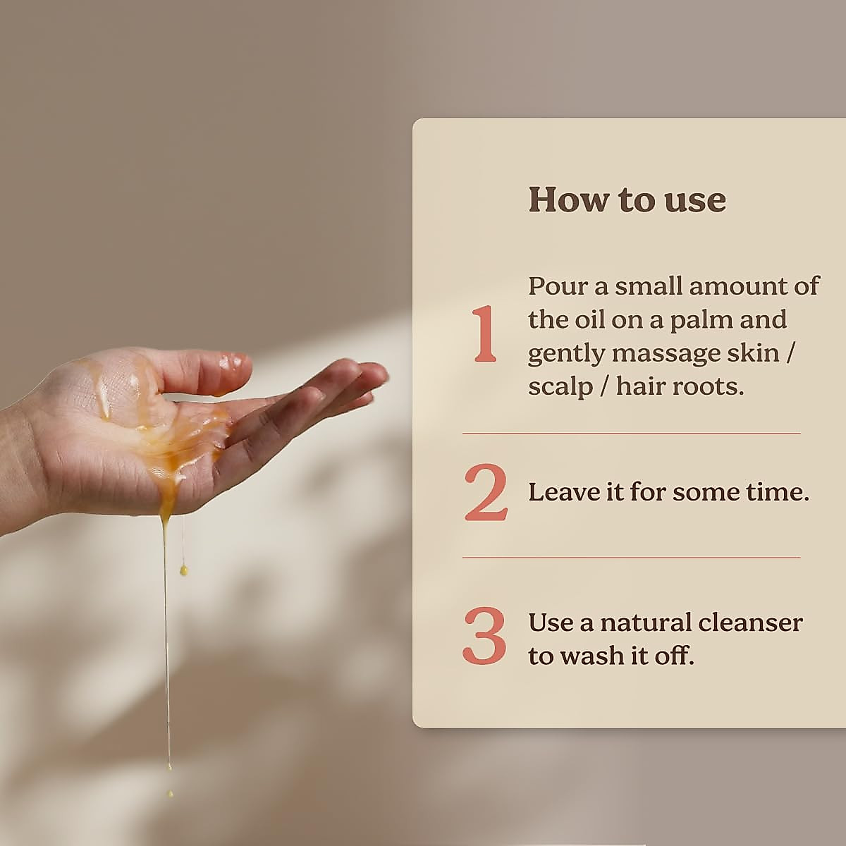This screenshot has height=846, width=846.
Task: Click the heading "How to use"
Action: click(627, 200)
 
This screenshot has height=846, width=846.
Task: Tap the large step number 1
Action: click(485, 336)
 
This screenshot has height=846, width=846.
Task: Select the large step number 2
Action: click(486, 493)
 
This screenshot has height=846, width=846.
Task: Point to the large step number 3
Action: click(485, 637)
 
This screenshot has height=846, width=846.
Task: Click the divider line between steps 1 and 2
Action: click(631, 433)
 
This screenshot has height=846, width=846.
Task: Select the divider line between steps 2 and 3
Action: click(631, 558)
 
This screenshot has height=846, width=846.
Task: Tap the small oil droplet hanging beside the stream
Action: click(184, 569)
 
